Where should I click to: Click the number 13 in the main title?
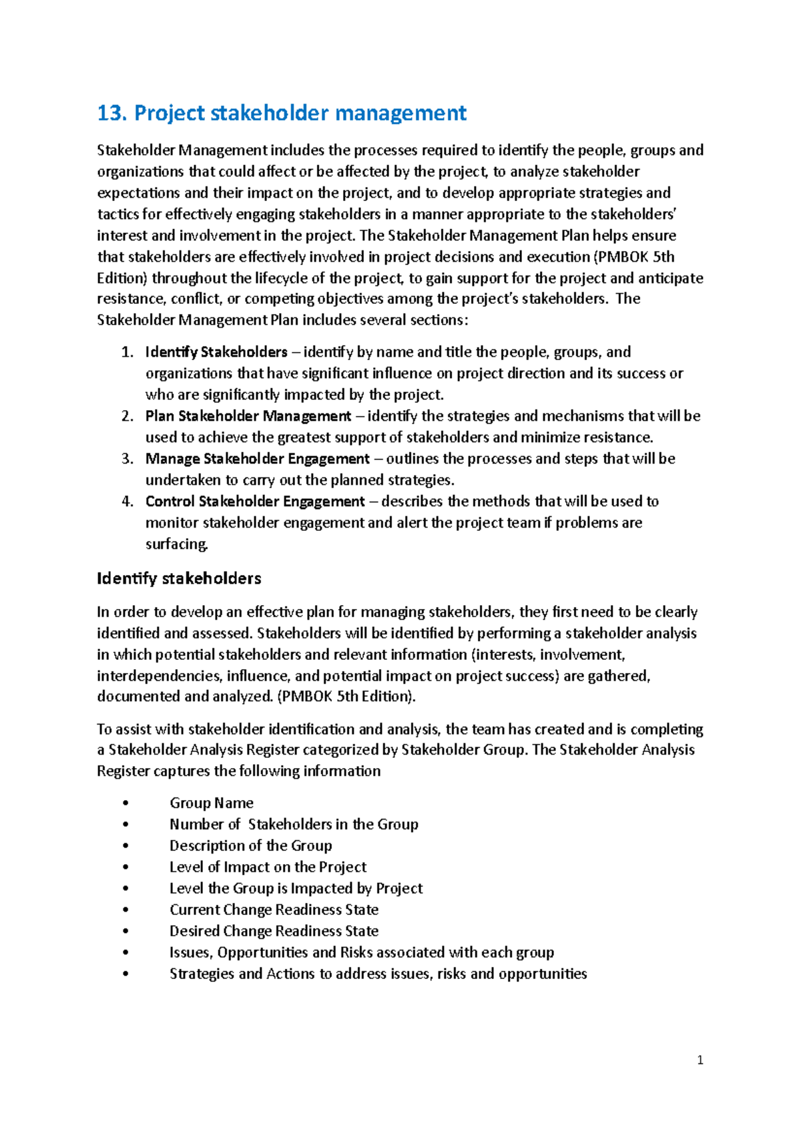click(111, 114)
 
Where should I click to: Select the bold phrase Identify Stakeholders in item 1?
click(216, 352)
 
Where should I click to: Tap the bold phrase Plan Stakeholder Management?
click(248, 416)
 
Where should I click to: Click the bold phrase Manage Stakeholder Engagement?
click(257, 459)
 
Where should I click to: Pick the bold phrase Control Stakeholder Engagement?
click(255, 502)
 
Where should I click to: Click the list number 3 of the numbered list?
click(127, 459)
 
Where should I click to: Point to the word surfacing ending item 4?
click(176, 544)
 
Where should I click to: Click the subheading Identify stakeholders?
click(179, 578)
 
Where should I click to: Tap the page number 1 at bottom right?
click(700, 1060)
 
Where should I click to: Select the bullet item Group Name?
click(211, 803)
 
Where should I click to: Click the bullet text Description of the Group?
click(250, 845)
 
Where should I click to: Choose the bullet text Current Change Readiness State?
click(274, 910)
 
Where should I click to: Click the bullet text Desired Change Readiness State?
click(274, 931)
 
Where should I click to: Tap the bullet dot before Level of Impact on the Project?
click(125, 868)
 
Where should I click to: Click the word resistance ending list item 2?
click(618, 437)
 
